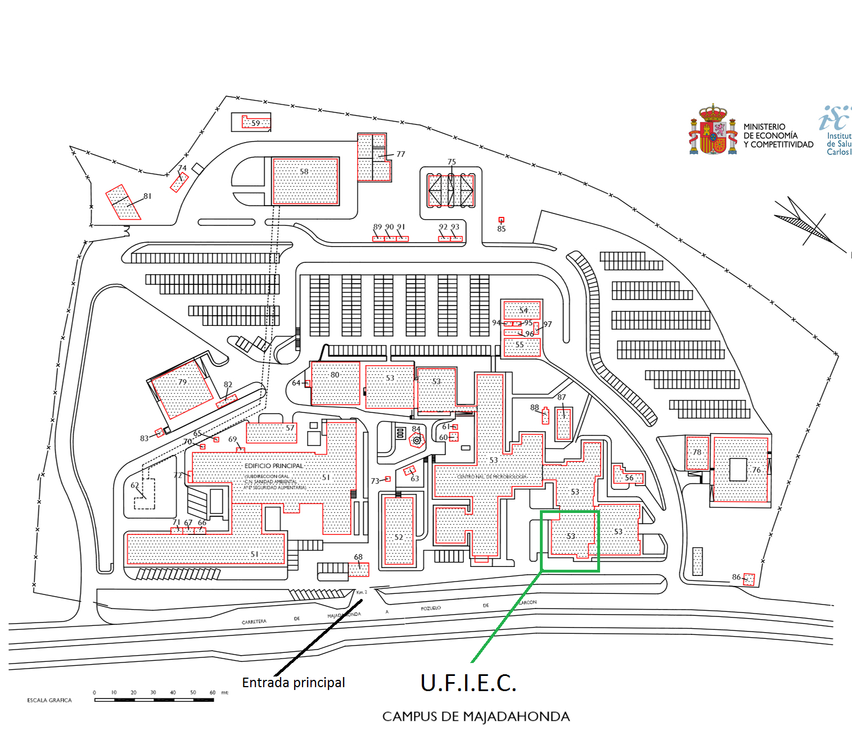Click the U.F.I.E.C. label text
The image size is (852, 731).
point(468,682)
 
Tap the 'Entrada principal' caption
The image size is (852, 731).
point(293,682)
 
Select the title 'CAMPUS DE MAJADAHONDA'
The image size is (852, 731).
point(476,716)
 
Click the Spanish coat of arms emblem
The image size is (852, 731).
point(713,130)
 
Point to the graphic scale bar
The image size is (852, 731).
point(154,700)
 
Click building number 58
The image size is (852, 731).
point(305,181)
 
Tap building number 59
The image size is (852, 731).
point(256,122)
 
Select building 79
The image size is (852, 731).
point(181,389)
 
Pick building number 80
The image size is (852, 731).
point(335,383)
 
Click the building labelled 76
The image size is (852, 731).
point(740,469)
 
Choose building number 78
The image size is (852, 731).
point(697,453)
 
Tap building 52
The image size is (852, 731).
point(399,531)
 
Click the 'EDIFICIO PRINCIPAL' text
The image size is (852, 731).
point(273,466)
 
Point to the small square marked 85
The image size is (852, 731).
point(501,220)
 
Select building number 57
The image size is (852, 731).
point(272,433)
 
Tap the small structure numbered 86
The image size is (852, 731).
point(749,579)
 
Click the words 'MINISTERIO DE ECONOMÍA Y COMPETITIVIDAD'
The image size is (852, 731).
point(778,135)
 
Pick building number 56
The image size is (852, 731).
point(628,476)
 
